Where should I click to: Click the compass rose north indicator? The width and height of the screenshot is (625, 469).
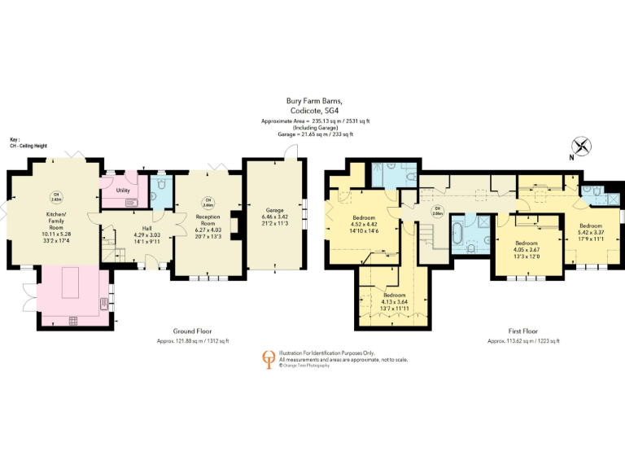point(582,147)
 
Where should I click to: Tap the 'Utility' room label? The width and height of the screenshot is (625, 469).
point(124,190)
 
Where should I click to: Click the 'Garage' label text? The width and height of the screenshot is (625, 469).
point(274,210)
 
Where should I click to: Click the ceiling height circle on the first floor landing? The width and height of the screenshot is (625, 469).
point(437,209)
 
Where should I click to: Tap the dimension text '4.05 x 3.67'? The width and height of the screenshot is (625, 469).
point(526,249)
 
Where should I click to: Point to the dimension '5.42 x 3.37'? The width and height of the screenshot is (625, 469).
point(591,230)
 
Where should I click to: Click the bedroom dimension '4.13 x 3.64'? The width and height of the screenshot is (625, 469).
point(395,301)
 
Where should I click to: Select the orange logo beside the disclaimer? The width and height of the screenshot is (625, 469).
point(267,357)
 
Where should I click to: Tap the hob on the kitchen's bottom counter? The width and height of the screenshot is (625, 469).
point(74,319)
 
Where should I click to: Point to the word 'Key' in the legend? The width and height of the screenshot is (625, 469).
point(14,138)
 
